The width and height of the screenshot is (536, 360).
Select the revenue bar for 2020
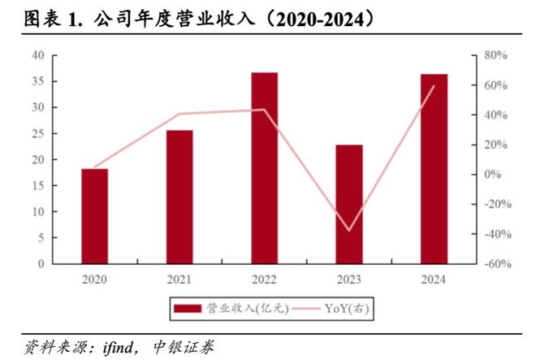[94, 216]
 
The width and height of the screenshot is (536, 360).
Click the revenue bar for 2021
[179, 197]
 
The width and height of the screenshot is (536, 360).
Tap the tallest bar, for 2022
[265, 168]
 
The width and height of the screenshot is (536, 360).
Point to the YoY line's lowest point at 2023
[349, 231]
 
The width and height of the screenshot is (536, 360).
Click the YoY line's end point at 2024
[434, 85]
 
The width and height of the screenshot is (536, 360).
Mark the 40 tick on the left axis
[38, 55]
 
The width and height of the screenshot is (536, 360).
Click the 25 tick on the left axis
[38, 133]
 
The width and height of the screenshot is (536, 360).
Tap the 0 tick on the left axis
[41, 264]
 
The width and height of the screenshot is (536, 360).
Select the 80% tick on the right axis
[496, 55]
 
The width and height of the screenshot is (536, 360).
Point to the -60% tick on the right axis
[495, 264]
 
